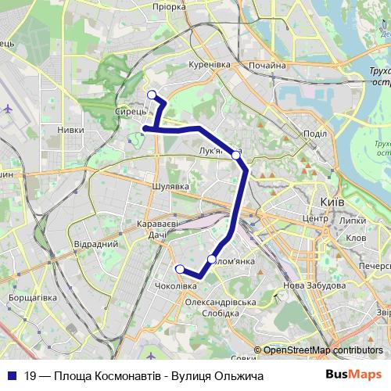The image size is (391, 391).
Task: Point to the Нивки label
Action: [72, 131]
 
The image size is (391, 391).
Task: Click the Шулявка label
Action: [172, 187]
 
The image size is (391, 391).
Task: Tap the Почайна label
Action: [267, 66]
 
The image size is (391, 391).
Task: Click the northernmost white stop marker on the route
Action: [152, 95]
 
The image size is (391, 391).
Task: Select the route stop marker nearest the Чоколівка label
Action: [180, 269]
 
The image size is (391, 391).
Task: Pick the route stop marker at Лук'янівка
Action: [236, 155]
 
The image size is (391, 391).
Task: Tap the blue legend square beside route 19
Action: [13, 375]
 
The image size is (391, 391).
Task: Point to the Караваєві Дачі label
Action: [158, 228]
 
